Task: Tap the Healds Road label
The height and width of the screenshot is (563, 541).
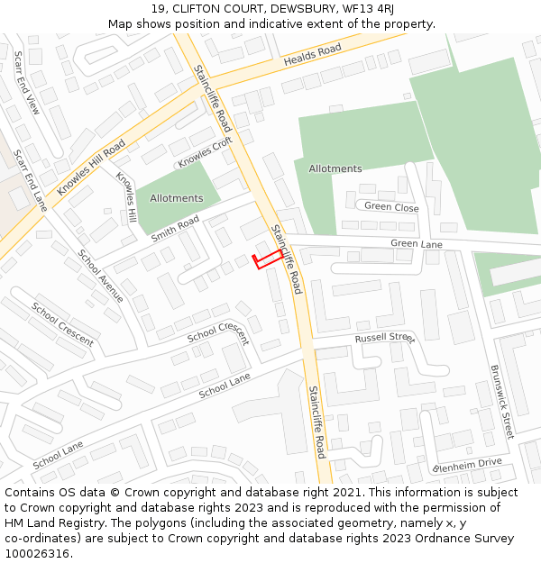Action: pos(313,55)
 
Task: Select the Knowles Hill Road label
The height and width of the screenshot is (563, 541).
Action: pos(90,168)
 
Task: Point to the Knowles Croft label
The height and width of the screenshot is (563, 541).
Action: pos(205,152)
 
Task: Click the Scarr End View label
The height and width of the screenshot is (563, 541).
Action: pos(27,83)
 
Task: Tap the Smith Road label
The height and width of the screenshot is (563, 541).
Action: pos(175,229)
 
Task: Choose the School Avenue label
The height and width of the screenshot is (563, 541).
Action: pos(100,275)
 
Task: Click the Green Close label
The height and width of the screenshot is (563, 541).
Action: pos(391,207)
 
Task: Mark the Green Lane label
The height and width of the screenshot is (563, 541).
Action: pos(417,244)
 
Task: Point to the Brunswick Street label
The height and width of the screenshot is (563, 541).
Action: pos(501,401)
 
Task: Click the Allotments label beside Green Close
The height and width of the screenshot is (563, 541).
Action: pos(335,168)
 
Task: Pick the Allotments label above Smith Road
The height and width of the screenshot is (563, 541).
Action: pos(177,198)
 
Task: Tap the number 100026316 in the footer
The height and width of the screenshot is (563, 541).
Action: pos(39,554)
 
